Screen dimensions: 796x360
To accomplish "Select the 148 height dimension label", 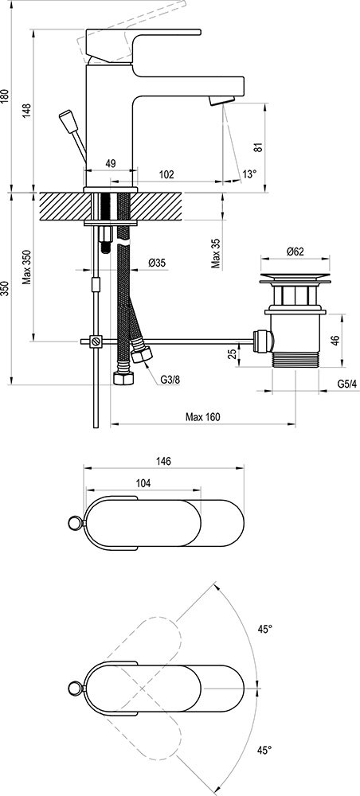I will pyautogui.click(x=27, y=110).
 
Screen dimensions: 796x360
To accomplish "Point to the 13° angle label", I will pyautogui.click(x=249, y=174).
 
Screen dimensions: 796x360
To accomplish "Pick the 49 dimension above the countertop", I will pyautogui.click(x=111, y=163).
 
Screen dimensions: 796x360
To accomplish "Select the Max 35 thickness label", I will pyautogui.click(x=215, y=252).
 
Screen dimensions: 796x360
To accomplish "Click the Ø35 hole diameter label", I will pyautogui.click(x=156, y=263).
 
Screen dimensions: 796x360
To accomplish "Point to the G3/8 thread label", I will pyautogui.click(x=170, y=380).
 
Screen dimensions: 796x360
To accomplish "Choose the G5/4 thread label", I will pyautogui.click(x=346, y=384).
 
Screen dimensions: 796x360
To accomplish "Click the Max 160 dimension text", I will pyautogui.click(x=202, y=417).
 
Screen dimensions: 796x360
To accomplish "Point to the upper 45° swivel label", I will pyautogui.click(x=264, y=629).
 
